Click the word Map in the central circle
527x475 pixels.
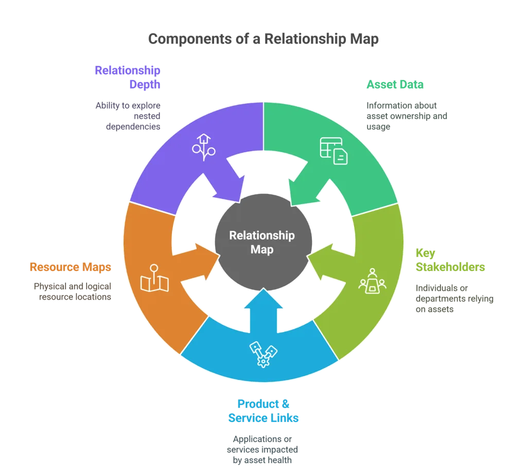click(262, 249)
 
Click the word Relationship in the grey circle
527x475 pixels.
click(262, 235)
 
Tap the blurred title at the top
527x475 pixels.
click(263, 39)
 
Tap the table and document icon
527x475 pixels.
click(333, 150)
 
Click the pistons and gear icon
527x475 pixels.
click(263, 354)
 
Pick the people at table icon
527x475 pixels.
click(372, 281)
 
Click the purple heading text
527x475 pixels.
click(127, 78)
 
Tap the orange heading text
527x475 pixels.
click(70, 267)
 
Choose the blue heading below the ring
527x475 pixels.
click(263, 411)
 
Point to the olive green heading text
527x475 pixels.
click(450, 260)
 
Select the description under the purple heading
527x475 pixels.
click(127, 116)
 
